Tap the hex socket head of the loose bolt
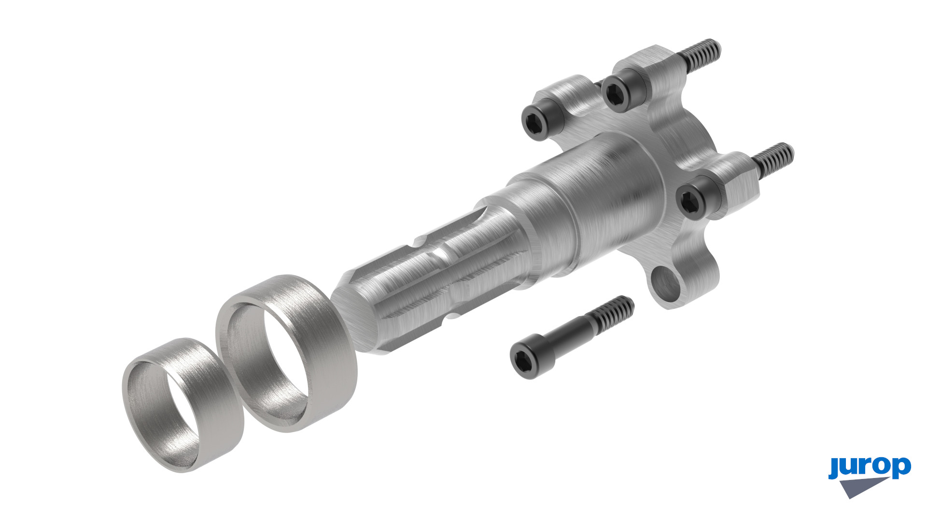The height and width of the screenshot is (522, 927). (523, 357)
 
